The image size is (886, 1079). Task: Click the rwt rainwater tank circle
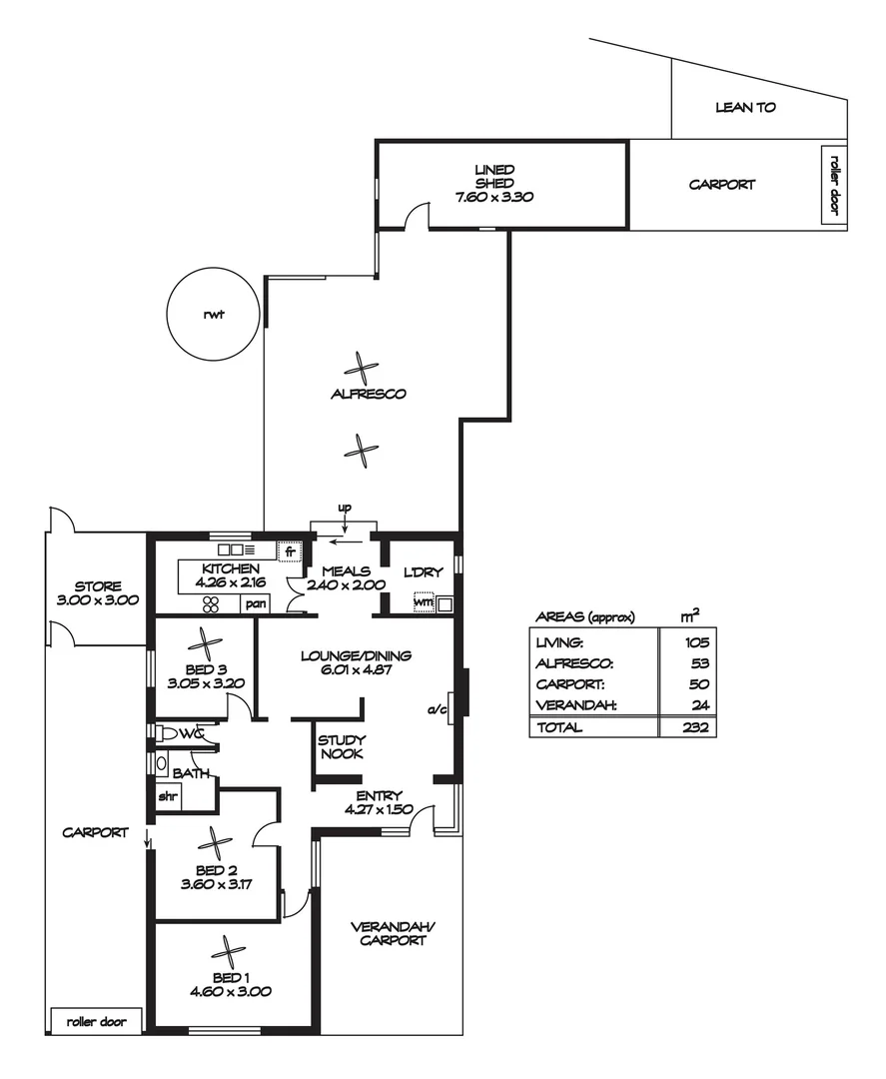[x=213, y=315]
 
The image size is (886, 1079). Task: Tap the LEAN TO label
[x=745, y=107]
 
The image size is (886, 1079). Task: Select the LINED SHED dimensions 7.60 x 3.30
[x=494, y=198]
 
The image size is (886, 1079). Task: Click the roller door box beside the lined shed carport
[x=834, y=186]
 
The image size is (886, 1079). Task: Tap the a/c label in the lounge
[x=436, y=710]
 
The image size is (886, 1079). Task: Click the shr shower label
[x=167, y=797]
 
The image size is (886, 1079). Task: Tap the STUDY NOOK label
[x=340, y=747]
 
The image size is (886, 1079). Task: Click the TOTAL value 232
[x=697, y=728]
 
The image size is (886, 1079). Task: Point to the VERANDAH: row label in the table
[x=576, y=706]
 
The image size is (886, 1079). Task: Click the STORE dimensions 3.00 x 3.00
[x=98, y=600]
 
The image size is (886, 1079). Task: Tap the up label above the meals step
[x=345, y=509]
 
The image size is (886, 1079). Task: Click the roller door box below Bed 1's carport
[x=96, y=1021]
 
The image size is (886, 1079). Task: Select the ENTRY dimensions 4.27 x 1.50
[x=379, y=809]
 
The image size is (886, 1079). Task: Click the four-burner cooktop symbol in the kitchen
[x=212, y=603]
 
